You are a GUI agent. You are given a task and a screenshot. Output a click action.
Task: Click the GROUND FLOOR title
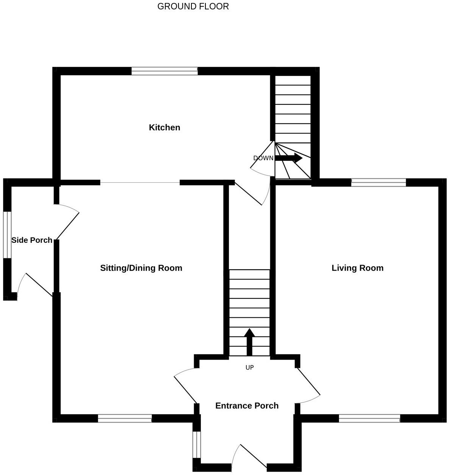[x=193, y=6]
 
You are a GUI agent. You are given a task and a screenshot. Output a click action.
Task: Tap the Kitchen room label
[x=165, y=127]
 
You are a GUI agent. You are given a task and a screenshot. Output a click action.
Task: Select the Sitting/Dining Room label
[x=141, y=268]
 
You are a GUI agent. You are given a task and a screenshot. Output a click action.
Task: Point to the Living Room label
[x=358, y=268]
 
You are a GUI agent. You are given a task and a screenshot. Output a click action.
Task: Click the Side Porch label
[x=32, y=240]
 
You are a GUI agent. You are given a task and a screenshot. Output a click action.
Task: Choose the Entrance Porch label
[x=247, y=406]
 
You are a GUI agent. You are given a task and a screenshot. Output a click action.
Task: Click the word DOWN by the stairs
[x=263, y=158]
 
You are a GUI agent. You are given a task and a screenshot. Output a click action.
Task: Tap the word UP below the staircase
[x=250, y=368]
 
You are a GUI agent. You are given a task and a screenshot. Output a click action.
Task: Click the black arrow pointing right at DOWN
[x=289, y=158]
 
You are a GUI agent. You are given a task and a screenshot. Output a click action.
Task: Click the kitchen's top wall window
[x=165, y=71]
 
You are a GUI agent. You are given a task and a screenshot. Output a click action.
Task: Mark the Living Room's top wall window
[x=379, y=183]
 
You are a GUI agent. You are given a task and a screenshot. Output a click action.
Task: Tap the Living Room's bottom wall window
[x=370, y=419]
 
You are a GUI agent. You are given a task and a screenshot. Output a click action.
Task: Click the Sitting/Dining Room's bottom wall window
[x=125, y=419]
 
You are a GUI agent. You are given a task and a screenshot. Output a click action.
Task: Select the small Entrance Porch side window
[x=197, y=445]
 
